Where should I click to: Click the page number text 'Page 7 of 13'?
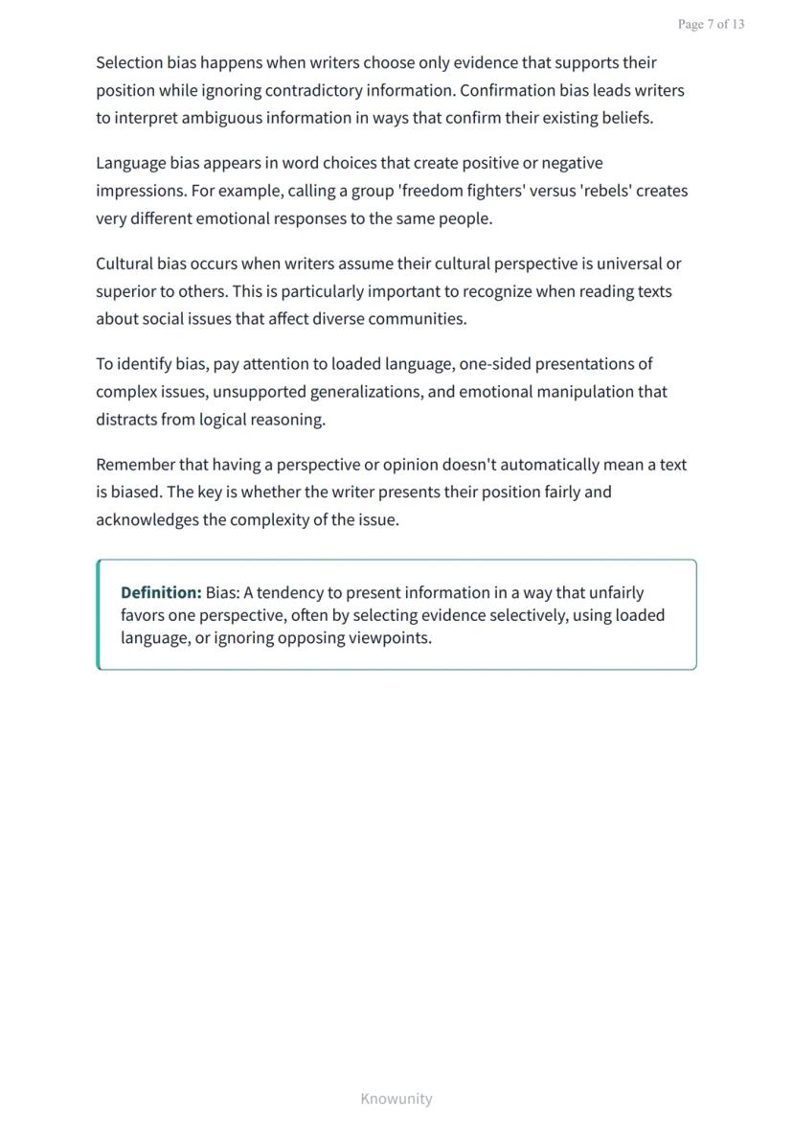pyautogui.click(x=711, y=24)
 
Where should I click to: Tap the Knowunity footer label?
pyautogui.click(x=396, y=1099)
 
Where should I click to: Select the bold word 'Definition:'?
pyautogui.click(x=161, y=592)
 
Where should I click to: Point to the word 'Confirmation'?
pyautogui.click(x=505, y=91)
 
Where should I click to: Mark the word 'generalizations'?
pyautogui.click(x=366, y=392)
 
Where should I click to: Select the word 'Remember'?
pyautogui.click(x=135, y=465)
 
